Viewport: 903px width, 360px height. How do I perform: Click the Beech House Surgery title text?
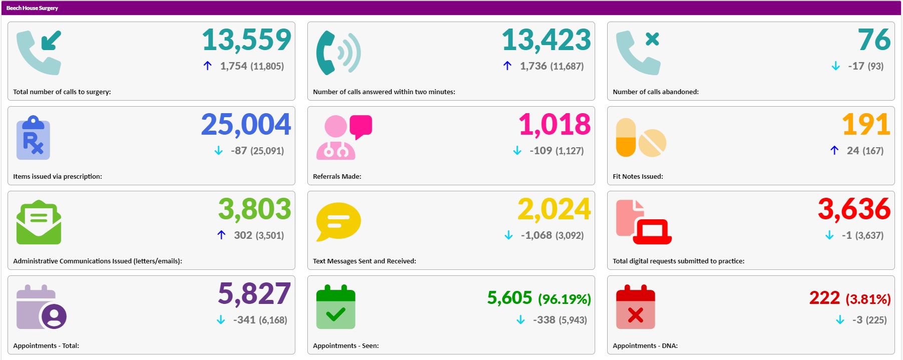click(32, 8)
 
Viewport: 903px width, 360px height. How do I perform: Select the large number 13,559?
click(246, 40)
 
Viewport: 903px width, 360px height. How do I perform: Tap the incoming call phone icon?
click(39, 53)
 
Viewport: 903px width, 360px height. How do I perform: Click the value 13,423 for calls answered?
click(546, 40)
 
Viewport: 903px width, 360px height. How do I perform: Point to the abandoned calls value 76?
click(874, 40)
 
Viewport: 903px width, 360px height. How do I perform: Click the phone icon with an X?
click(638, 53)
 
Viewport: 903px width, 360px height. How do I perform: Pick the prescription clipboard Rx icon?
click(33, 138)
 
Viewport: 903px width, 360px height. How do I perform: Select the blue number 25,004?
click(246, 125)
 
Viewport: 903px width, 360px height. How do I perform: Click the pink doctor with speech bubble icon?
click(343, 138)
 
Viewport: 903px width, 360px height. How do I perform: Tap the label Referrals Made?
click(337, 176)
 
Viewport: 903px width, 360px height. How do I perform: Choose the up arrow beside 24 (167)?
click(834, 150)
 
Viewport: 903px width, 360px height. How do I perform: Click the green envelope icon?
click(39, 222)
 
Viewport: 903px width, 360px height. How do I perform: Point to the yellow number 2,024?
click(554, 209)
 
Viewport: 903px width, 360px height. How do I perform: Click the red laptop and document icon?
click(643, 222)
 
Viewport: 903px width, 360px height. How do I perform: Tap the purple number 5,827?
click(254, 294)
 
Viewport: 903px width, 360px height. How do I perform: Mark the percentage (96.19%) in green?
click(564, 299)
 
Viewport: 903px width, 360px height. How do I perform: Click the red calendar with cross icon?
click(635, 307)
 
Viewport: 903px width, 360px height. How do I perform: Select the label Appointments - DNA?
click(645, 345)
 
